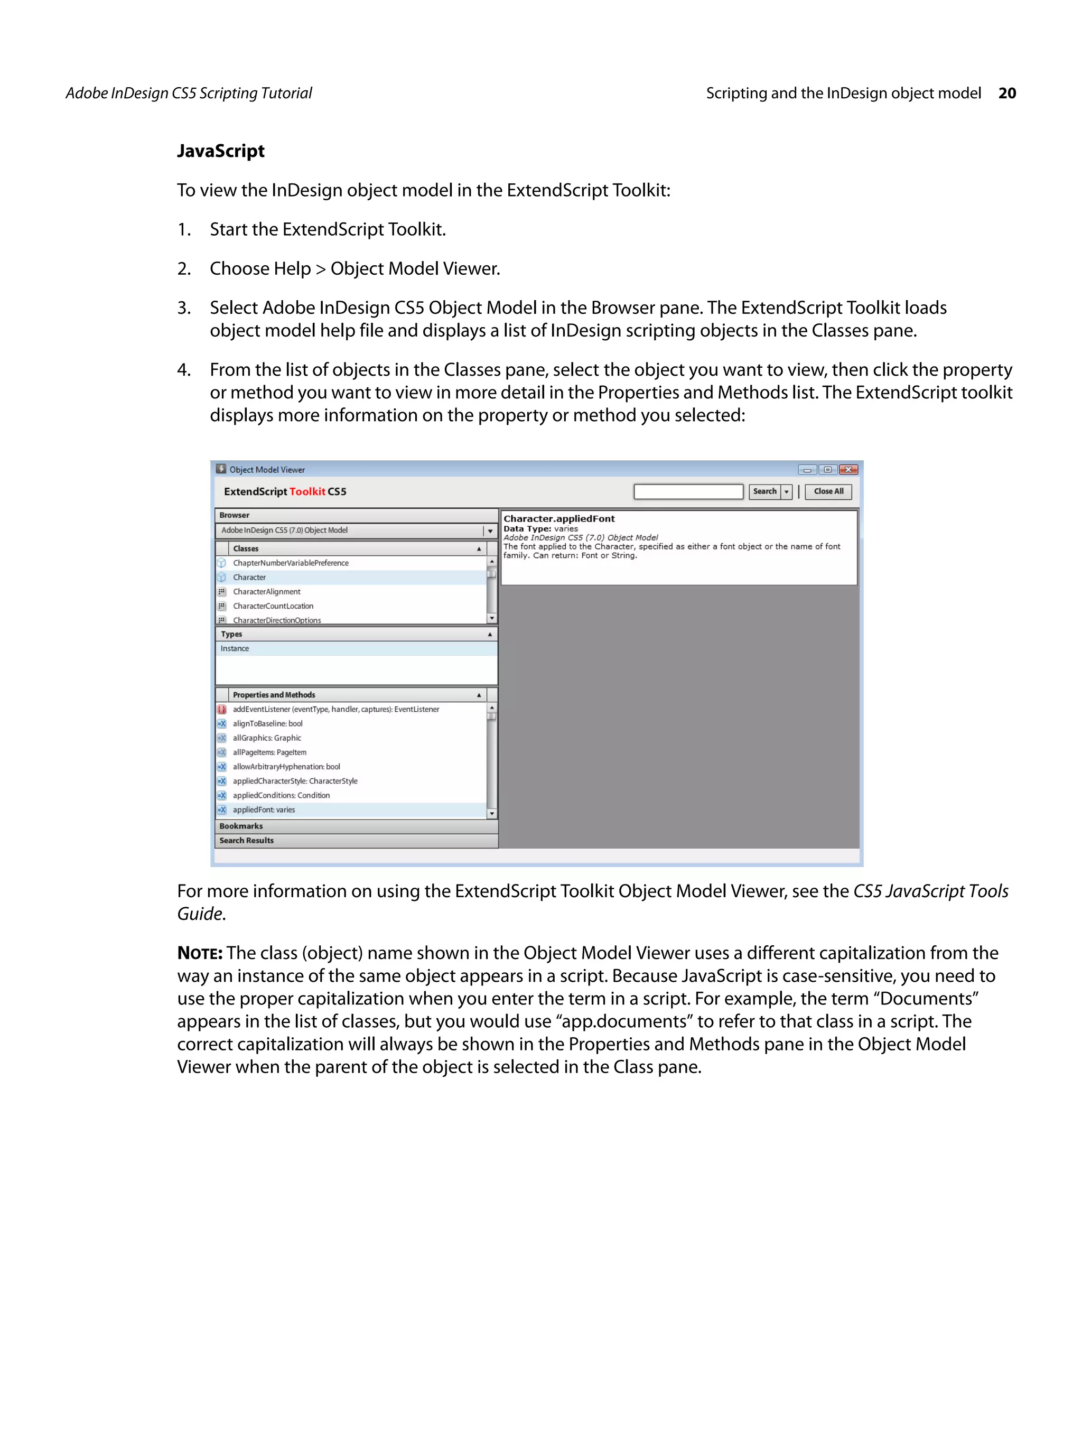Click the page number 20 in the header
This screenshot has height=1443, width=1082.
(x=1006, y=94)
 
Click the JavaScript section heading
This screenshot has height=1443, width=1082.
(x=220, y=151)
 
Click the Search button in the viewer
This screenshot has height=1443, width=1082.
(x=764, y=491)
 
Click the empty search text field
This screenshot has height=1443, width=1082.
(x=688, y=491)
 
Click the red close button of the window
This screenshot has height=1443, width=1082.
(x=848, y=470)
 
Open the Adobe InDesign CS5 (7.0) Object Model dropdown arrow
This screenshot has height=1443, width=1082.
(x=490, y=531)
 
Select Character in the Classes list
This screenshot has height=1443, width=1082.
(x=249, y=578)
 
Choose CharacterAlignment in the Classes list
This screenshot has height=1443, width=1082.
(x=267, y=592)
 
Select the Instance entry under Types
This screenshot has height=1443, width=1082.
(x=235, y=648)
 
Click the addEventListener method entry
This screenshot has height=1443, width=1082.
(x=335, y=709)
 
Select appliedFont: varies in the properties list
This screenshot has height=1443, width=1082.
(x=264, y=809)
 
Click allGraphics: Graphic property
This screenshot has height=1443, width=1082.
(x=267, y=738)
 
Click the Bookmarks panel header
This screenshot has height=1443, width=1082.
(x=241, y=826)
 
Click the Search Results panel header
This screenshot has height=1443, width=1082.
(x=247, y=840)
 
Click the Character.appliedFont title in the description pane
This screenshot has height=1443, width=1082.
(x=559, y=519)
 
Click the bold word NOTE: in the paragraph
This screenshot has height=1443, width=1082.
(x=200, y=953)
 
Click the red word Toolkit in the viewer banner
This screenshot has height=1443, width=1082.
(x=307, y=491)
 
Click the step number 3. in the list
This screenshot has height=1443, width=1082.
(x=184, y=308)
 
